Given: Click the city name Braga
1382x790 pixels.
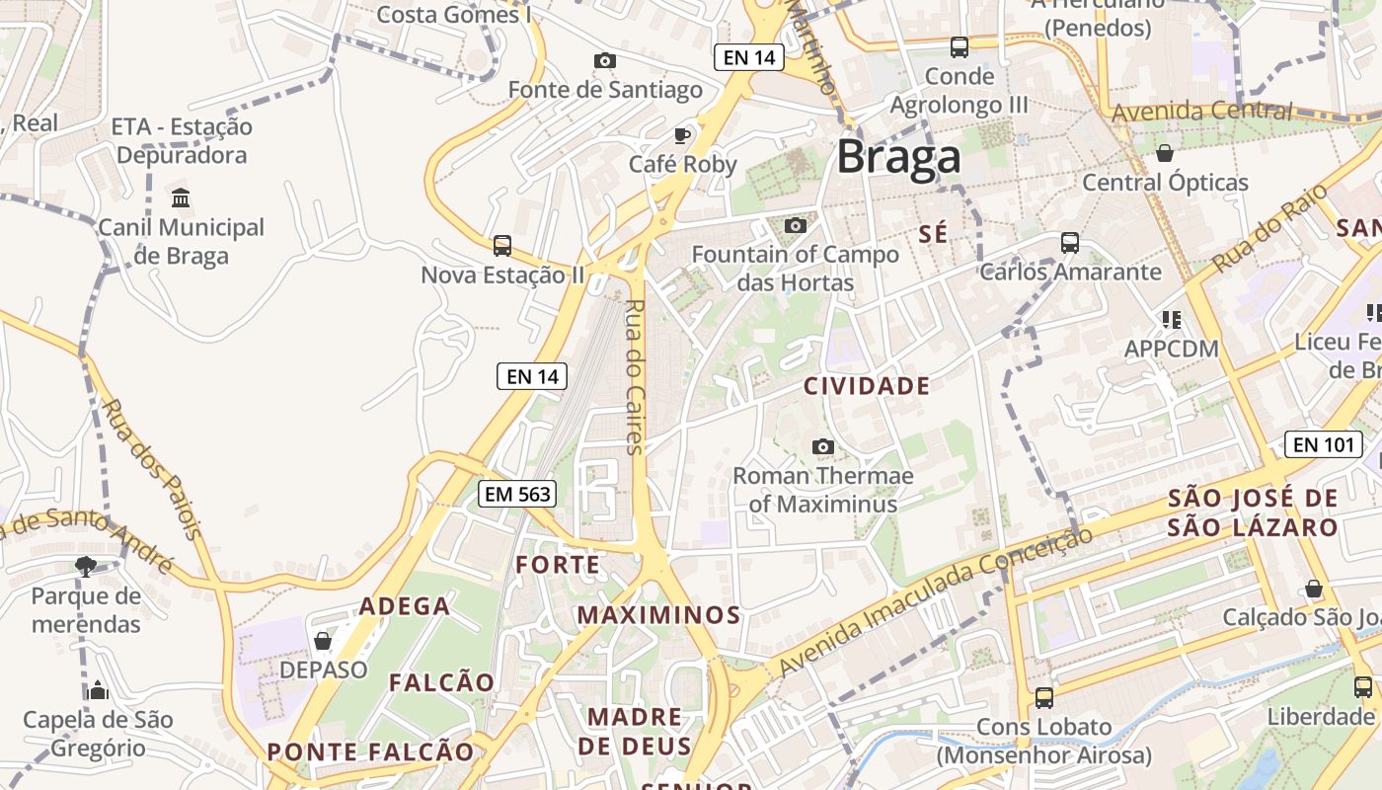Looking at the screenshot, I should (898, 158).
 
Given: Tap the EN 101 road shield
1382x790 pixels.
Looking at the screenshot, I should (1324, 444).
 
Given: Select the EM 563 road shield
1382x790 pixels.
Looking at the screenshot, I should (517, 494).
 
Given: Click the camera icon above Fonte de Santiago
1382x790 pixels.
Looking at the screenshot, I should (605, 61).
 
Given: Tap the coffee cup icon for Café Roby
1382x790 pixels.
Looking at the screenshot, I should (681, 134).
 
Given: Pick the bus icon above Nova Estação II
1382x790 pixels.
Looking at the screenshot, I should (502, 245).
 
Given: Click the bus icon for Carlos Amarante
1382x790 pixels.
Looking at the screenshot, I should (1069, 242).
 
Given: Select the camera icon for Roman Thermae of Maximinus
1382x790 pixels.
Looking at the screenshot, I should (822, 447).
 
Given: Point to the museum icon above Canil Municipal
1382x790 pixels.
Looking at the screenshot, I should (181, 198).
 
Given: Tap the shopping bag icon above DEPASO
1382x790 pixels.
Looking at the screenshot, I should (322, 641).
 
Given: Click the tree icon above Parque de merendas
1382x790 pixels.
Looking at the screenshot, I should (86, 567).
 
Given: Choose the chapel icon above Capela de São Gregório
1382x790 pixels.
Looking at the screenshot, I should (97, 690).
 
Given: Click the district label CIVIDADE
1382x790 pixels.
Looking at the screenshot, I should (867, 386).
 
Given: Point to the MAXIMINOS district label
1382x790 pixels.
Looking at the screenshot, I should (658, 615).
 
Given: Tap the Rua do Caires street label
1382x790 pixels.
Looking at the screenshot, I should (635, 376).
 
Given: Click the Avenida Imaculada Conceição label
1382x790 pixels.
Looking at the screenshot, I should (935, 602).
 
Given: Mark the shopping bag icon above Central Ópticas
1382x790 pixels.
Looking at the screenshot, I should (1165, 153).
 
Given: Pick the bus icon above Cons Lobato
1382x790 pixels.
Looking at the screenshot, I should (1043, 698).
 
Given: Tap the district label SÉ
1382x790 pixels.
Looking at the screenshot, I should (933, 234).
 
